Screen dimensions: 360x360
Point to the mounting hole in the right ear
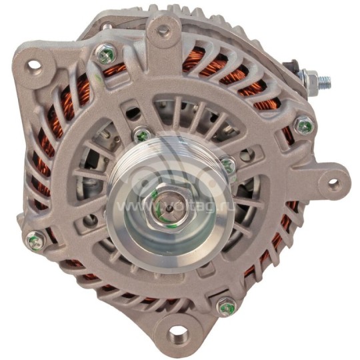(x=331, y=181)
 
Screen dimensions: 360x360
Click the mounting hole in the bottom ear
(x=178, y=332)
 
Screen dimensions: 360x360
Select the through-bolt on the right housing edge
(x=304, y=125)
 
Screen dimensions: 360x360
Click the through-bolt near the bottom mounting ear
(x=225, y=306)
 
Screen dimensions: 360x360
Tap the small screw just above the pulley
(x=141, y=135)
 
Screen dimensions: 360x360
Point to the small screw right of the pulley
(x=228, y=164)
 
